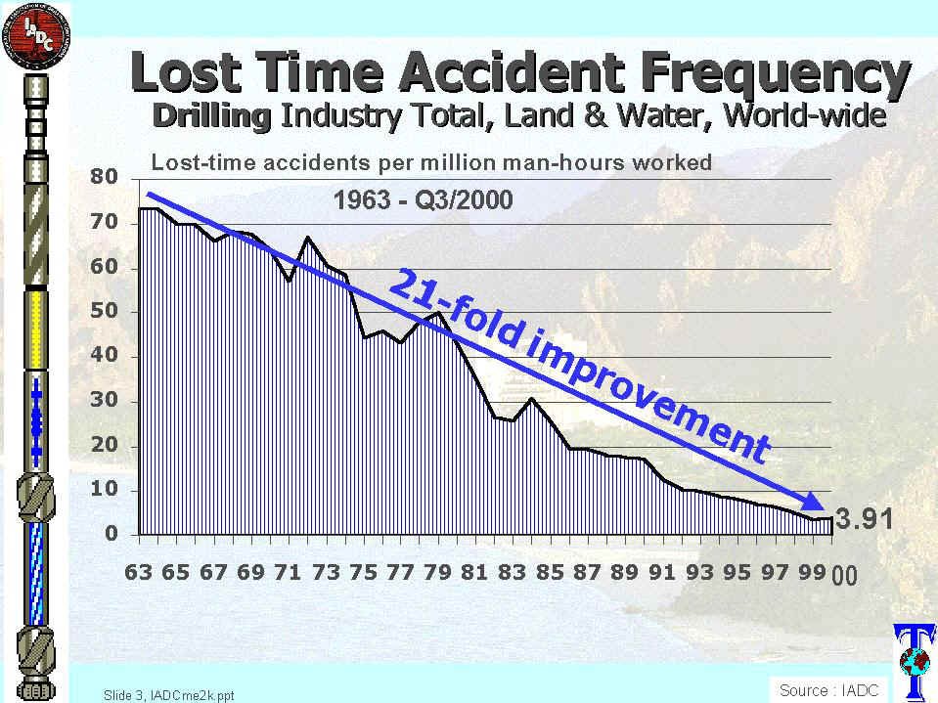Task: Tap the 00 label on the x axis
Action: (844, 576)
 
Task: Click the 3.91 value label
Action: (867, 519)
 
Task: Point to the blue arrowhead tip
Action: (827, 512)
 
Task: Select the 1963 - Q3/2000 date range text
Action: (423, 202)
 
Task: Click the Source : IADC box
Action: (828, 689)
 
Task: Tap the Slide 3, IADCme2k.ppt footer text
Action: (168, 695)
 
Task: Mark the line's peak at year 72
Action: (308, 238)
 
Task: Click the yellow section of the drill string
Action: (37, 329)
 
